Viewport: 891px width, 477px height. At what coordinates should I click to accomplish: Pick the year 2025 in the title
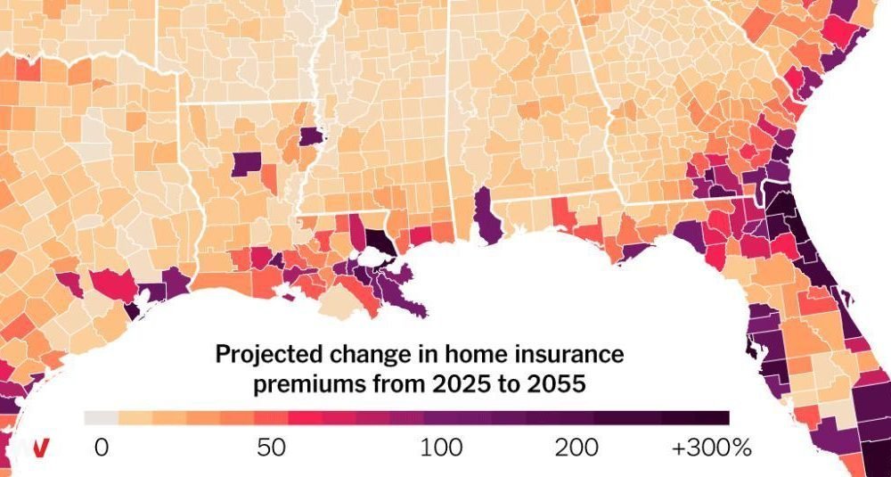click(x=458, y=384)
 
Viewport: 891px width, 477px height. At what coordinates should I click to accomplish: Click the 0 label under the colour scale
click(x=102, y=448)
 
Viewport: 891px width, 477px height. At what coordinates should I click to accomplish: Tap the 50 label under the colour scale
click(x=272, y=448)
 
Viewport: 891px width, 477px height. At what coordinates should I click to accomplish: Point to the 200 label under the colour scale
click(x=576, y=448)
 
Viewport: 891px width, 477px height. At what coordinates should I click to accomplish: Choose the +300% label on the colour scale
click(x=712, y=448)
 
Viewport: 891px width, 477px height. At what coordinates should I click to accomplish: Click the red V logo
click(x=39, y=448)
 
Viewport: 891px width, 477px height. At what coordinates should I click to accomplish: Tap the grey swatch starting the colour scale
click(x=102, y=418)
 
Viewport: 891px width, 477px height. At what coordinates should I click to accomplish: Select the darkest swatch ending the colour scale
click(x=712, y=418)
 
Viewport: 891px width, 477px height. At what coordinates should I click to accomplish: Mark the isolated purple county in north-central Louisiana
click(x=247, y=164)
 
